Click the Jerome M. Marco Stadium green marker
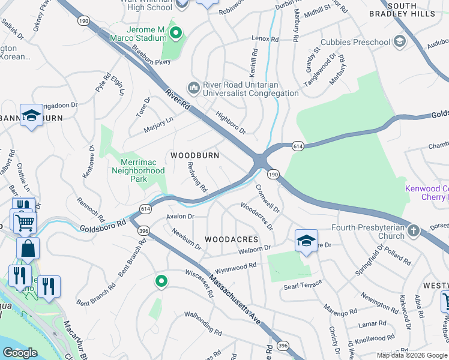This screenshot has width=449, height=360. [176, 33]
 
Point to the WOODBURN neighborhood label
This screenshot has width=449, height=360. [194, 155]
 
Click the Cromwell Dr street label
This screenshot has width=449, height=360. [268, 198]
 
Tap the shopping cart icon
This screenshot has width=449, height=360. [25, 223]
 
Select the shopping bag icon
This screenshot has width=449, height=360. [28, 248]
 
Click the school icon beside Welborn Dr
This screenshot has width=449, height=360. [306, 241]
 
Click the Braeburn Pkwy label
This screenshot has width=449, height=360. [136, 50]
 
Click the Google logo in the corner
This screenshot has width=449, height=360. [20, 353]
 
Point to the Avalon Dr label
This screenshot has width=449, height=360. [181, 217]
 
